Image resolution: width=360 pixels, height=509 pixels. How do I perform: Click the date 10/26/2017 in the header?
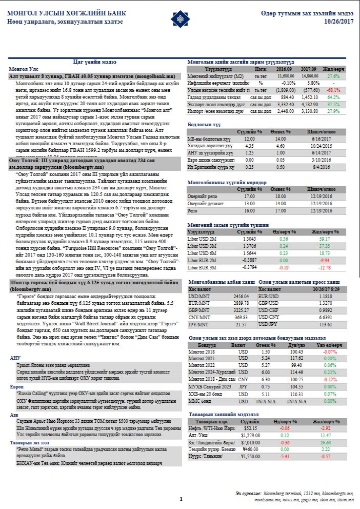tap(339, 21)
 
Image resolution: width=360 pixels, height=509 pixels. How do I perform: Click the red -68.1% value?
tap(333, 89)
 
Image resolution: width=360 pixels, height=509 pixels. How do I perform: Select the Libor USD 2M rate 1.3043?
tap(249, 239)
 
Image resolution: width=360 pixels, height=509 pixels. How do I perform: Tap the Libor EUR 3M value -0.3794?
tap(249, 267)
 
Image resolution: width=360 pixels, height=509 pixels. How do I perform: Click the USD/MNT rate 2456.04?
tap(241, 297)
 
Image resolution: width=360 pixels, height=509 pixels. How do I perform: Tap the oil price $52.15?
tap(251, 427)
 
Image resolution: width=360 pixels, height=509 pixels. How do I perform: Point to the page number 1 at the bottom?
tap(181, 498)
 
